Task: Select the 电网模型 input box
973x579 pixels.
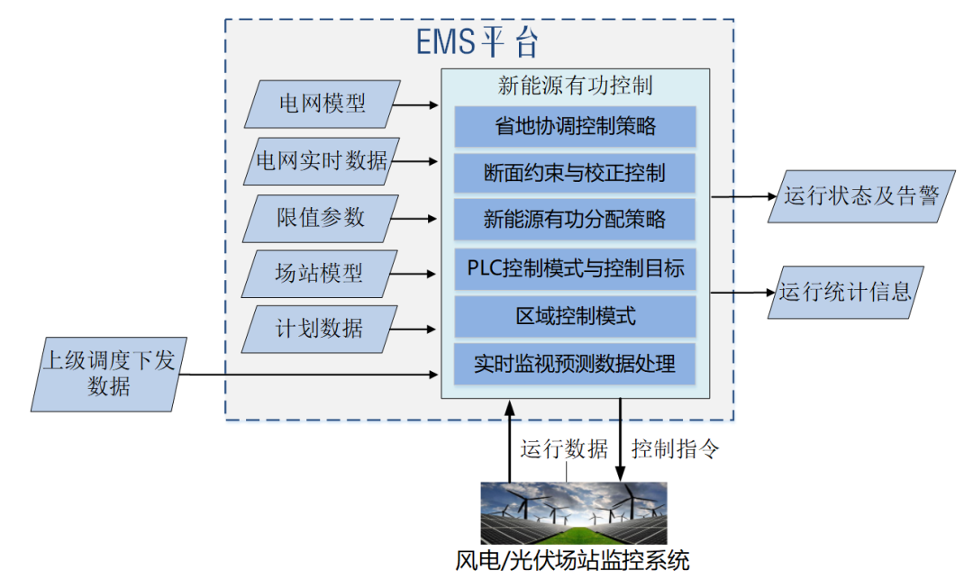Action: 321,104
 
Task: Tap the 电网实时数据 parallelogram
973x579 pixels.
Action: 321,161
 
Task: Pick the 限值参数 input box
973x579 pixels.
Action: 321,217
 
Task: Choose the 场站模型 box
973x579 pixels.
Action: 321,272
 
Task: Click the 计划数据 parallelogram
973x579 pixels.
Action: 321,328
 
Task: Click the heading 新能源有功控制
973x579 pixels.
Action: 575,86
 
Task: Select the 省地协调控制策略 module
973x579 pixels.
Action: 575,126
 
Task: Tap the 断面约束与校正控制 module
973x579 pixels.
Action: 575,173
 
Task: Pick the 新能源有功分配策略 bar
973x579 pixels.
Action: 575,220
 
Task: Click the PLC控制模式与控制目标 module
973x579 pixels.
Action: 575,268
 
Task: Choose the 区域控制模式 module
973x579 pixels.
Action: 575,316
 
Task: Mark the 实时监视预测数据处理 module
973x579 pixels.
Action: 575,365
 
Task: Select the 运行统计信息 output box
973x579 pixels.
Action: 846,291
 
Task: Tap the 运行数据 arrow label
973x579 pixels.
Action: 564,448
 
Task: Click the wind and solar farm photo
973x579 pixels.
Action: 573,512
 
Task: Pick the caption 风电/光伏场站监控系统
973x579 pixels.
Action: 573,561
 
